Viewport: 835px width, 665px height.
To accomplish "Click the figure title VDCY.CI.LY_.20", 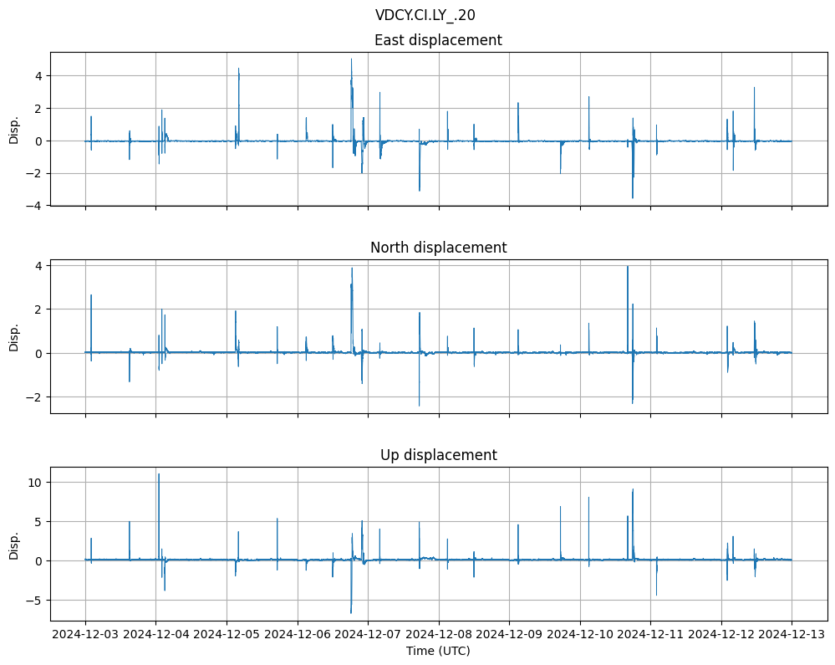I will pos(425,15).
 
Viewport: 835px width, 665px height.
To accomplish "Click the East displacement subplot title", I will pos(438,40).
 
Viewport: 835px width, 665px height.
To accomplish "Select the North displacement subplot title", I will pos(438,248).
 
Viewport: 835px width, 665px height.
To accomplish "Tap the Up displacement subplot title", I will pos(438,455).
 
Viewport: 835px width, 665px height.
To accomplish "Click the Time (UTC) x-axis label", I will pos(438,651).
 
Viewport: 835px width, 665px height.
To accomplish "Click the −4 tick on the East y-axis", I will pos(36,205).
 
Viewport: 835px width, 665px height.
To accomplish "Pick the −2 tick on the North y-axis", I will pos(36,396).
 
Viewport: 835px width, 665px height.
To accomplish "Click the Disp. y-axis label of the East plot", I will pos(14,129).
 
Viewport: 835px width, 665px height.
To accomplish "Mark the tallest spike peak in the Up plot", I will pos(159,474).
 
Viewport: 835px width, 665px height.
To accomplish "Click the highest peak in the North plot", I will pos(628,267).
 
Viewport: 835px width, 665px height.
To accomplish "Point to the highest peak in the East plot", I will pos(351,59).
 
